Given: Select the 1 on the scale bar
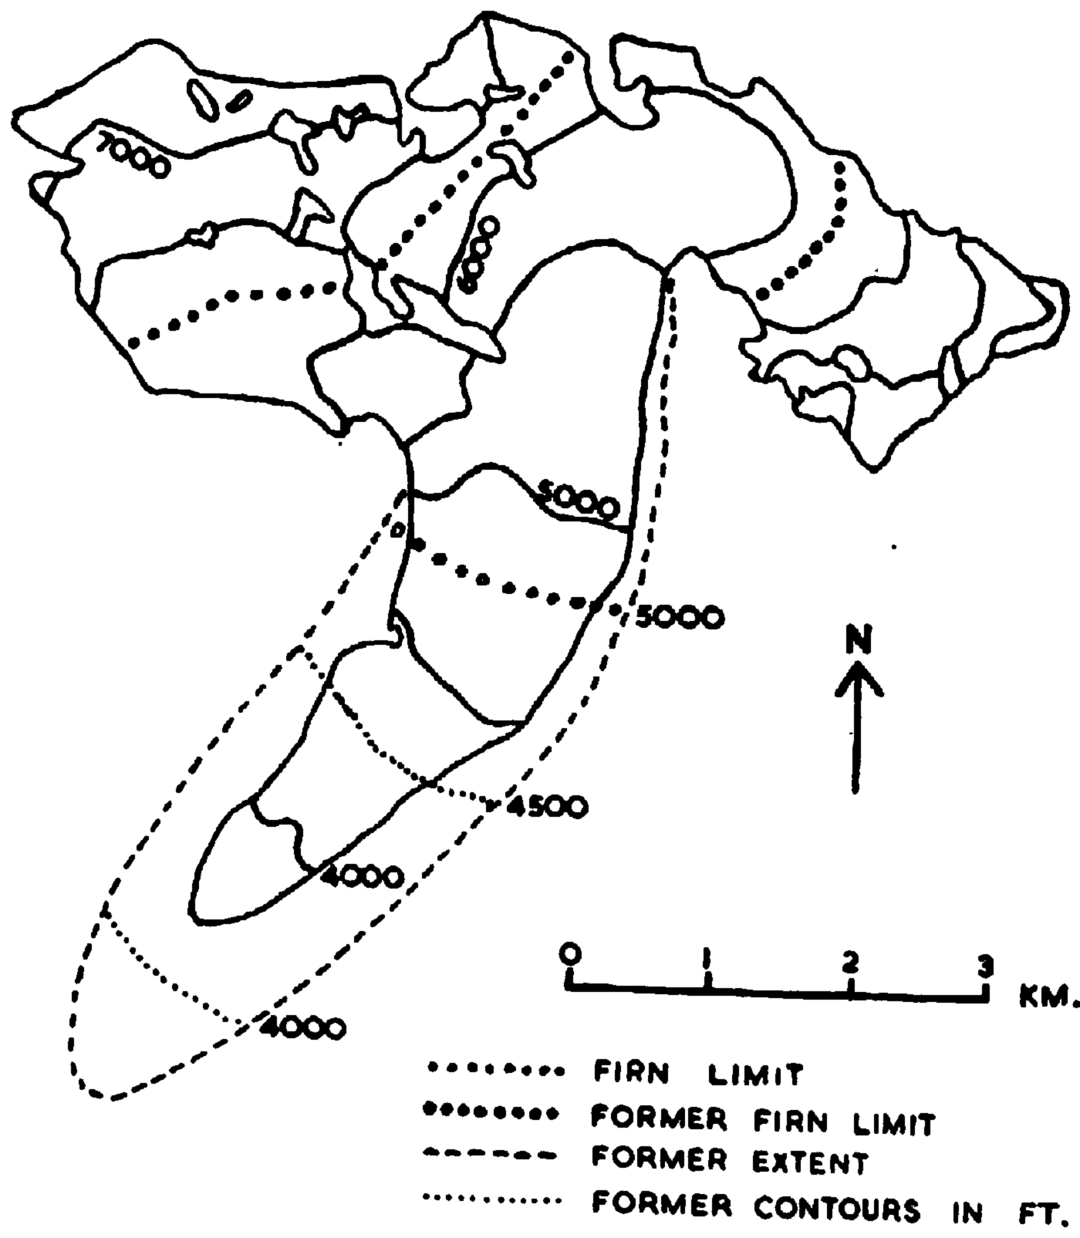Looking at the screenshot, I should tap(707, 960).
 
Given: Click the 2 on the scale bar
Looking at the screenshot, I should tap(849, 960).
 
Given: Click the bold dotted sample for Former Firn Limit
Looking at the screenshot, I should tap(491, 1114).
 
